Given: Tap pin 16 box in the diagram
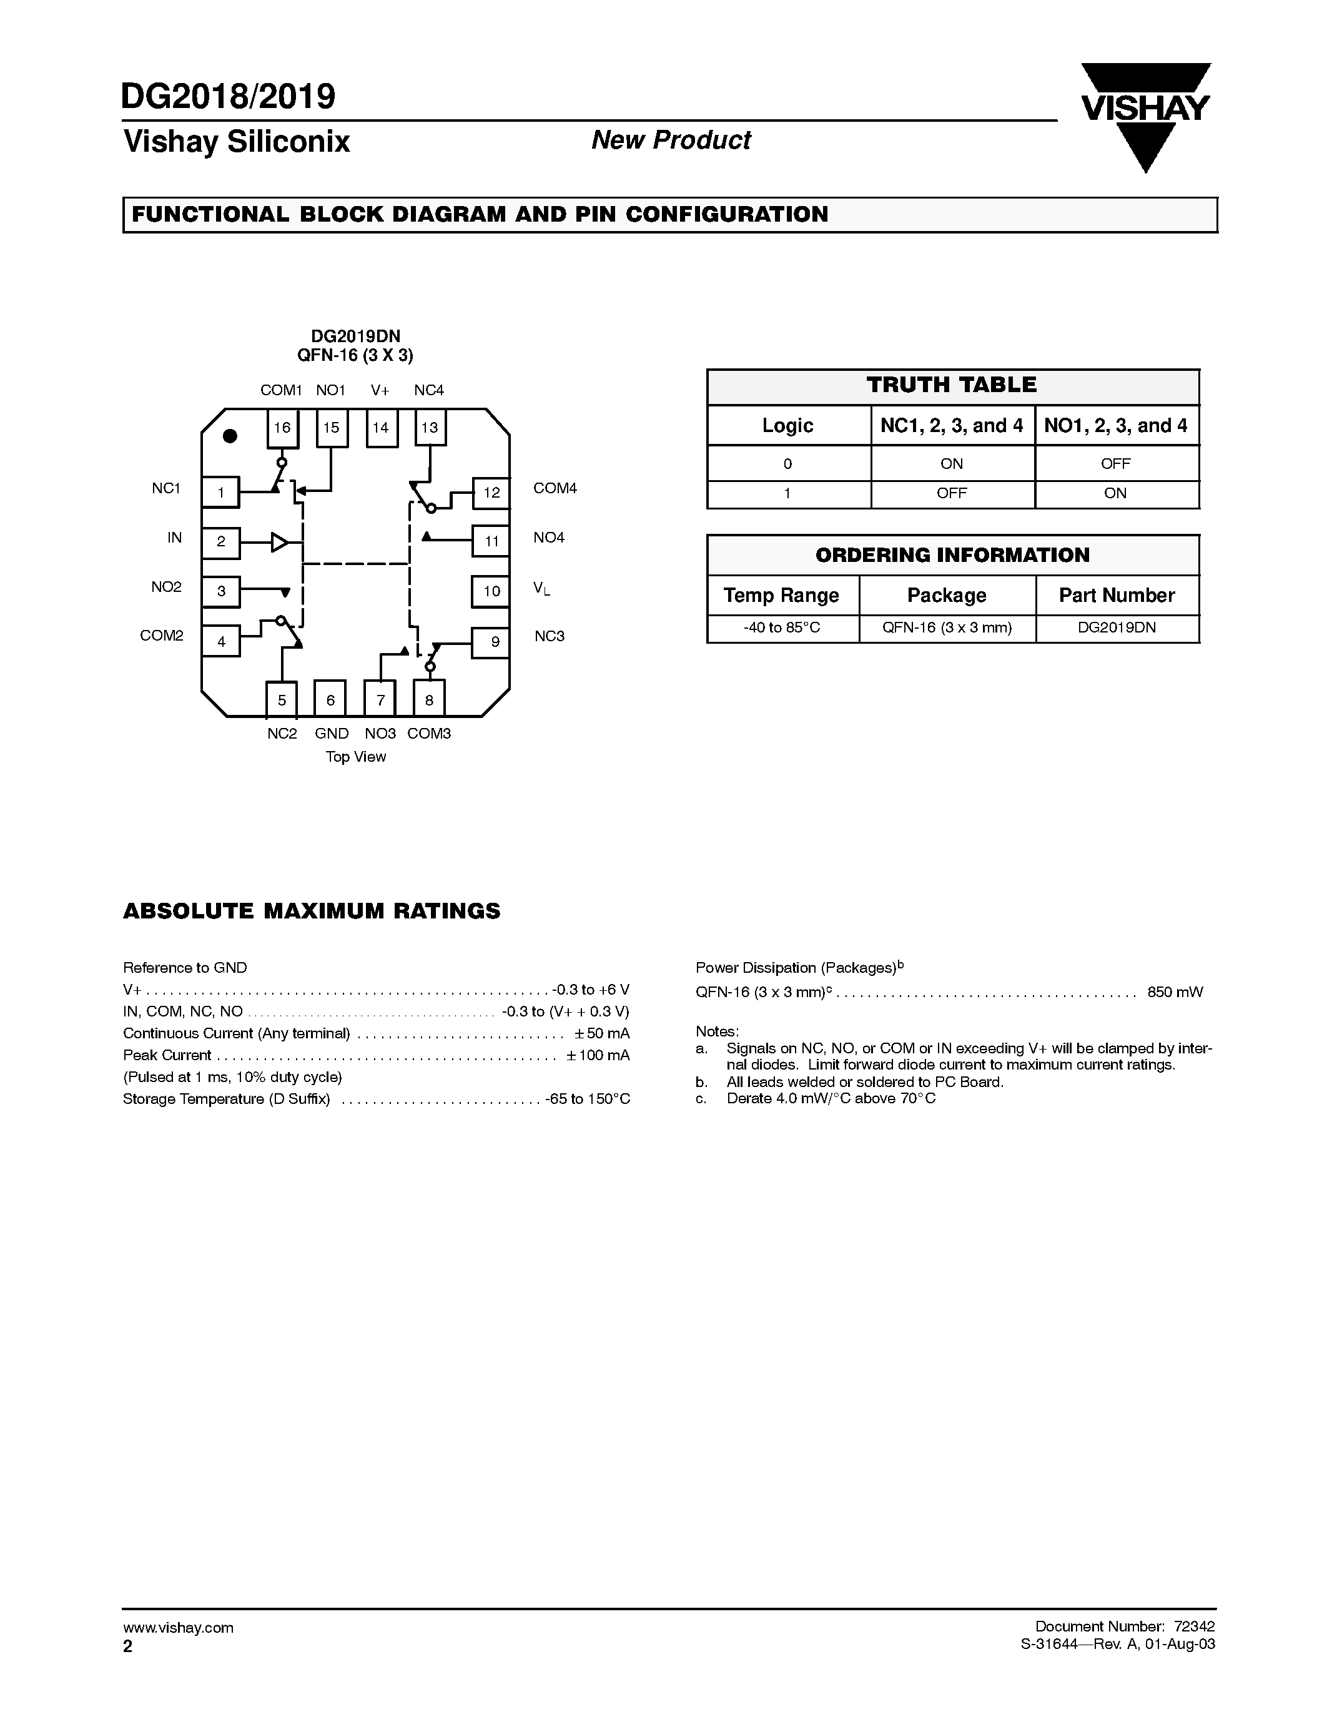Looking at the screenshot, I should [x=282, y=428].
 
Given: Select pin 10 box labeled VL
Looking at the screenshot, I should [x=491, y=591].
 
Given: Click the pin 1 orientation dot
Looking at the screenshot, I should [x=230, y=436].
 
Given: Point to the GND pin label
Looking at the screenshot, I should [x=332, y=734].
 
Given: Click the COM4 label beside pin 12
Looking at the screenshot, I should [x=555, y=488].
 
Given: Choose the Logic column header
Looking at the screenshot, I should [x=787, y=425].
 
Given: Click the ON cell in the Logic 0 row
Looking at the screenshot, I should [x=951, y=464].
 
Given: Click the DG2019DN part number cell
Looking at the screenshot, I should [x=1117, y=628].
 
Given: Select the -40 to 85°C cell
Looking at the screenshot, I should [x=782, y=628].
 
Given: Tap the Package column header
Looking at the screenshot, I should [x=947, y=595].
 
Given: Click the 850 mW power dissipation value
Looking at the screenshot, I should [x=1175, y=992].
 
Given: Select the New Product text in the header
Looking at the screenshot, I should [x=671, y=140].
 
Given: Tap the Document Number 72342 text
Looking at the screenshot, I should [x=1125, y=1626].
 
